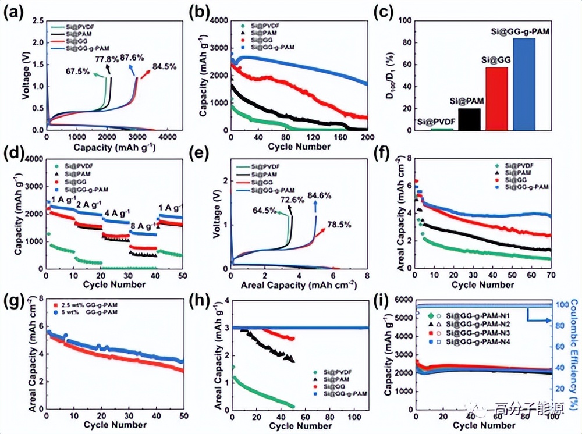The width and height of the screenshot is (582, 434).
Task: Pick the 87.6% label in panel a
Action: pyautogui.click(x=132, y=58)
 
